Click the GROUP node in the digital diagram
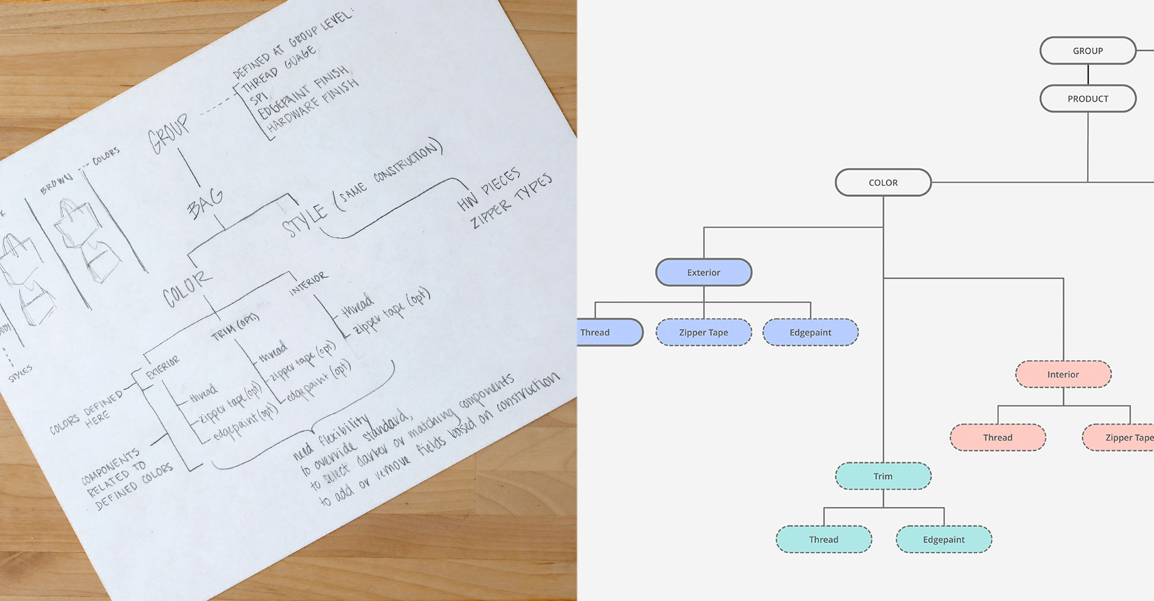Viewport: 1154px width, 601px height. pyautogui.click(x=1087, y=51)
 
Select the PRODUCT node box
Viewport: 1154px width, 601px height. pyautogui.click(x=1087, y=99)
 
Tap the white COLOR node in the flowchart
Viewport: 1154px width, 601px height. pyautogui.click(x=883, y=182)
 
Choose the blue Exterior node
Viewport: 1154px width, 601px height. pyautogui.click(x=703, y=272)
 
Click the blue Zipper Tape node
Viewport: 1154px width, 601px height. pyautogui.click(x=703, y=332)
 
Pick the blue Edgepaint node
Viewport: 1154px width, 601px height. pyautogui.click(x=810, y=332)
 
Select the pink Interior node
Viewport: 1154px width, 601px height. pyautogui.click(x=1063, y=374)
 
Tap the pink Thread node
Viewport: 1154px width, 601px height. pyautogui.click(x=997, y=437)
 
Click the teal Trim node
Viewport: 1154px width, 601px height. pyautogui.click(x=883, y=476)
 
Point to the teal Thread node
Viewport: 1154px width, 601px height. pyautogui.click(x=823, y=539)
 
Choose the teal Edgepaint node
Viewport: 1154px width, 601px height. pyautogui.click(x=943, y=539)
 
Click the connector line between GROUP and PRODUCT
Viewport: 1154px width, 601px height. pyautogui.click(x=1088, y=75)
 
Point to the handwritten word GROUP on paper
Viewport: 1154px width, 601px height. pyautogui.click(x=169, y=133)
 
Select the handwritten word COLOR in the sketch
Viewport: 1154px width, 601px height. pyautogui.click(x=187, y=289)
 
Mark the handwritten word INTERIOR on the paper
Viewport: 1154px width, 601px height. pyautogui.click(x=308, y=283)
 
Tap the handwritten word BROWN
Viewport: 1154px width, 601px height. pyautogui.click(x=56, y=182)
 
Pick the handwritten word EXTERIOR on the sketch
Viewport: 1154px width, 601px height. pyautogui.click(x=163, y=367)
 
